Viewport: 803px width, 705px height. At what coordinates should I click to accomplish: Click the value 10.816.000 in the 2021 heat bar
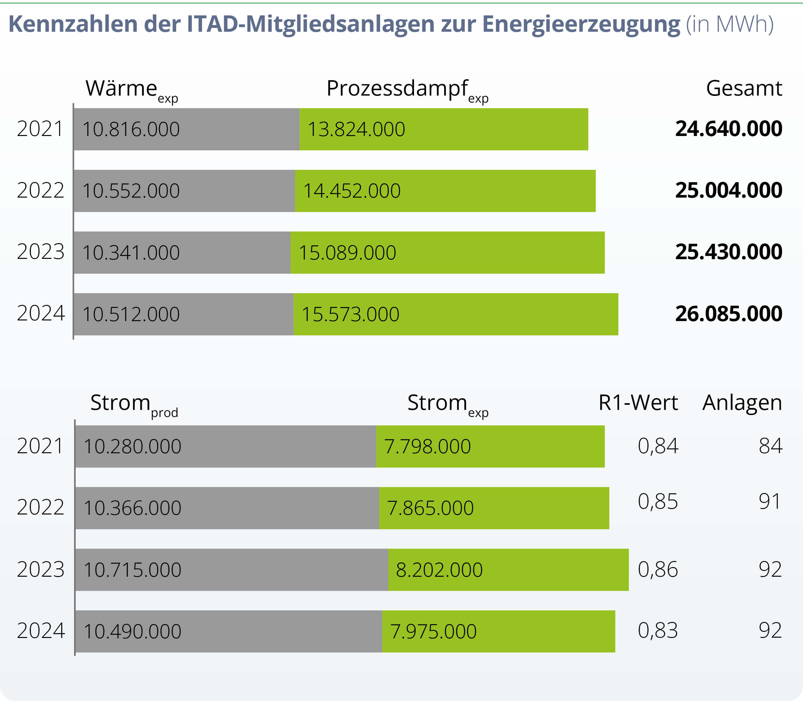pyautogui.click(x=131, y=129)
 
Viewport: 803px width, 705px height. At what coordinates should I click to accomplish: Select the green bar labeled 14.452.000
pyautogui.click(x=445, y=191)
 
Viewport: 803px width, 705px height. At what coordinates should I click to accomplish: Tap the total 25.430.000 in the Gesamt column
pyautogui.click(x=728, y=252)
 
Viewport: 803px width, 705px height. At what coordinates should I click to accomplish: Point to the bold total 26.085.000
pyautogui.click(x=728, y=314)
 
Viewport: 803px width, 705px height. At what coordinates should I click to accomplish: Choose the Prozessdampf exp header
pyautogui.click(x=407, y=89)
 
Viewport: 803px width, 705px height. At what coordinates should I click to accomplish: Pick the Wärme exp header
pyautogui.click(x=131, y=89)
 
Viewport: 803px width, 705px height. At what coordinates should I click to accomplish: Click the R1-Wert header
pyautogui.click(x=638, y=403)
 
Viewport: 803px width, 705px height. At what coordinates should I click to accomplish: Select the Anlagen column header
pyautogui.click(x=742, y=403)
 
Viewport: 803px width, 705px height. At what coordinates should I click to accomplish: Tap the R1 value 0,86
pyautogui.click(x=658, y=569)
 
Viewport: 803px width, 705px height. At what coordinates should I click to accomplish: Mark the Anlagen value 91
pyautogui.click(x=769, y=501)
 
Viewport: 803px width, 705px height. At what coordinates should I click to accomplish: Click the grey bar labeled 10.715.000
pyautogui.click(x=232, y=570)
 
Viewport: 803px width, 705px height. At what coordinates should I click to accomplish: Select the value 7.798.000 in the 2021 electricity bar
pyautogui.click(x=427, y=446)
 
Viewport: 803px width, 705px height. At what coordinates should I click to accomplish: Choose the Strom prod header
pyautogui.click(x=134, y=404)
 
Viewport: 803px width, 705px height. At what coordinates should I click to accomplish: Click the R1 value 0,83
pyautogui.click(x=658, y=631)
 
